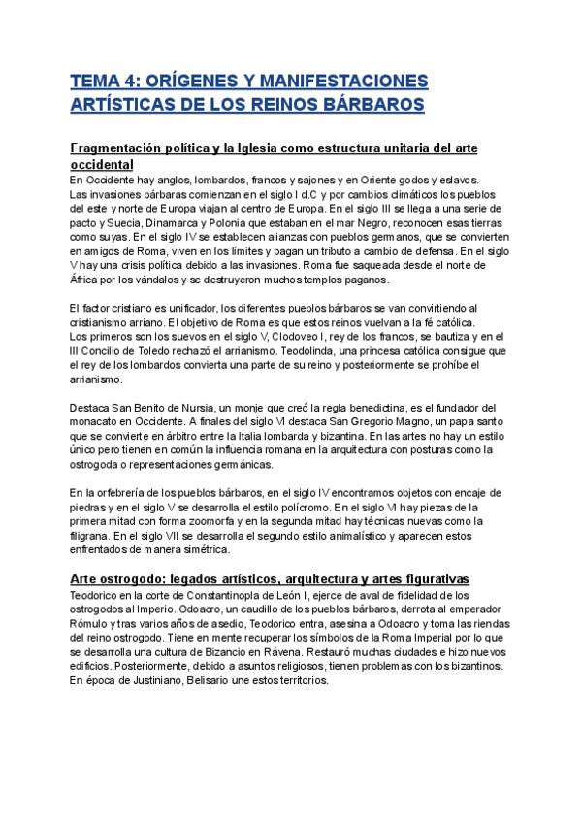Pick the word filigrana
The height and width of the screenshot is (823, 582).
click(92, 536)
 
